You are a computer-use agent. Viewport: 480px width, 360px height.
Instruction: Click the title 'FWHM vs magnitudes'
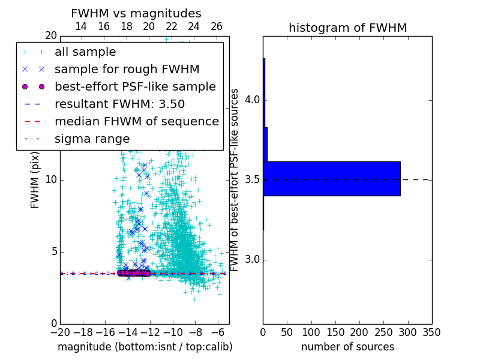tap(136, 14)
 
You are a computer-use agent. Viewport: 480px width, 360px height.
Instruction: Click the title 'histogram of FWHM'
tap(347, 28)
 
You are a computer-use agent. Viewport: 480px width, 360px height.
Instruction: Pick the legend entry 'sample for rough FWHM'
tap(127, 69)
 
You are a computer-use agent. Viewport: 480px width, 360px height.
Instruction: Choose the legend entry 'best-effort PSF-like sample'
tap(135, 86)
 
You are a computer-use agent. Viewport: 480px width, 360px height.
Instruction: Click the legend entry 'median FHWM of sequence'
tap(136, 121)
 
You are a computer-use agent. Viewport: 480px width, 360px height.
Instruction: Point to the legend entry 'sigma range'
tap(92, 139)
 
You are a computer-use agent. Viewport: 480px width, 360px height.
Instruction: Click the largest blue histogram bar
tap(332, 178)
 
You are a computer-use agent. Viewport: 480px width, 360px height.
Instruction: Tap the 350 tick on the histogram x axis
tap(431, 332)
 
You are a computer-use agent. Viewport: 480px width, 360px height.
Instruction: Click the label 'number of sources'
tap(347, 347)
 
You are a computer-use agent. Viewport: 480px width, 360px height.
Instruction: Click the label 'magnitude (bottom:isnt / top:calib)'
tap(145, 347)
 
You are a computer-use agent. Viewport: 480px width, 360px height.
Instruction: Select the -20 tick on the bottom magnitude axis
tap(60, 332)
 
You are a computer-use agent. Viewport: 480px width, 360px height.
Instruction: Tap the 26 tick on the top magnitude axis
tap(217, 26)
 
